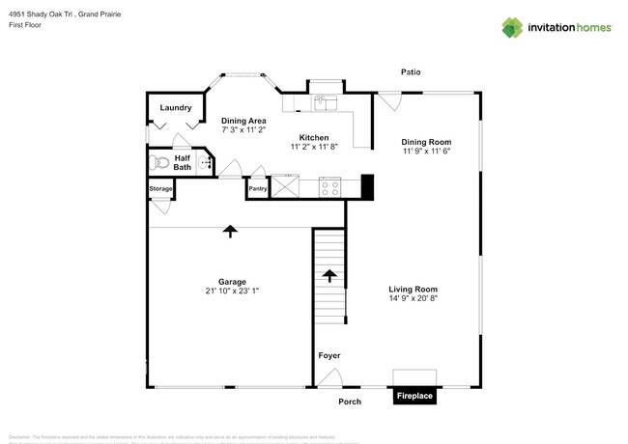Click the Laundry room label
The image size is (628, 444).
176,108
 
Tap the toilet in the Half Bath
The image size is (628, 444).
160,163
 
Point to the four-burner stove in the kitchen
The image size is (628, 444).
329,186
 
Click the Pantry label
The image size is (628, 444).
258,189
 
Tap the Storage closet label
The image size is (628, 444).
160,189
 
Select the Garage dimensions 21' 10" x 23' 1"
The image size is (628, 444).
232,291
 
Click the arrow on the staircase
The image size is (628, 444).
328,276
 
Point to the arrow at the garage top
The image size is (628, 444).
230,231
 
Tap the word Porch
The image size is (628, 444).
350,402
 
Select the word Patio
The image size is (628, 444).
413,72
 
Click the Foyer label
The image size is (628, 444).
329,356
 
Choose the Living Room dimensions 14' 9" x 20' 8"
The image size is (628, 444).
414,298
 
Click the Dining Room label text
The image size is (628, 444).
426,142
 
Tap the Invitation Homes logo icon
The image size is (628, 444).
512,27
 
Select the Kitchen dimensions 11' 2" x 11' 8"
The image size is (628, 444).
315,147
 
